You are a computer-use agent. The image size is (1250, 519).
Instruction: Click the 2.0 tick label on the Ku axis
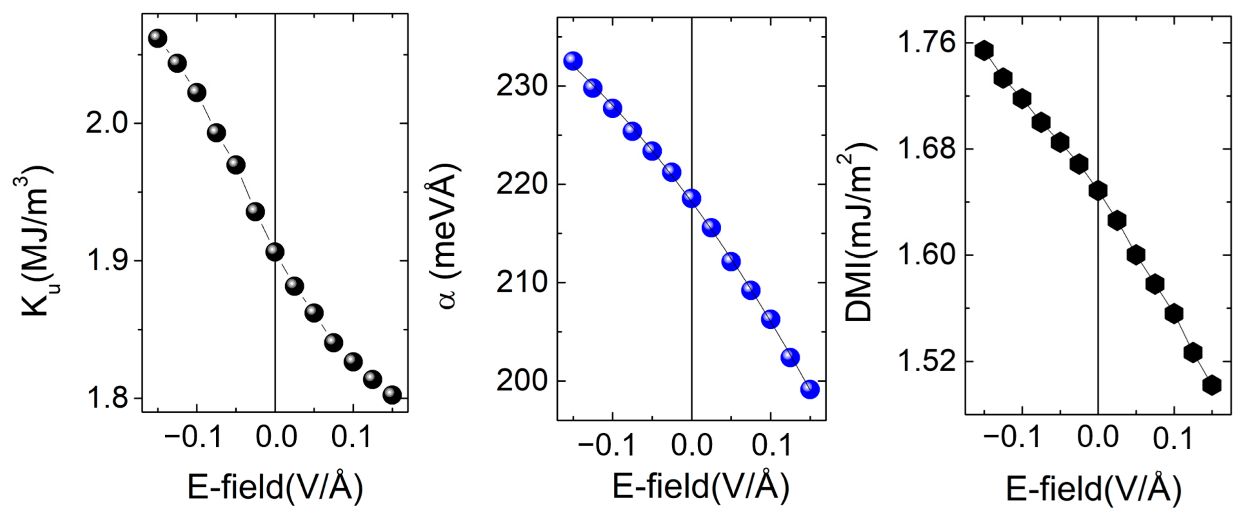(106, 124)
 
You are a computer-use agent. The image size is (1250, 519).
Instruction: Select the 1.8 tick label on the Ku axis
(106, 399)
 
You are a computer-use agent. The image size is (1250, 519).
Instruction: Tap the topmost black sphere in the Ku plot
(157, 38)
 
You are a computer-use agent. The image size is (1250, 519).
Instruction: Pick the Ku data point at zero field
(275, 252)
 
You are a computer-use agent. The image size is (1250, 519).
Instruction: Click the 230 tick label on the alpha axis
(522, 86)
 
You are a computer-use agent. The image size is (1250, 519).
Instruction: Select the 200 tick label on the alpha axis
(522, 381)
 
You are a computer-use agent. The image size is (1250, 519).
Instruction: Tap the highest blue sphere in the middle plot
(573, 61)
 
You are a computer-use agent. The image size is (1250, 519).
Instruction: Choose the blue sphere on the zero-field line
(692, 198)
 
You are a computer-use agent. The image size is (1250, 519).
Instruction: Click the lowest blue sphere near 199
(810, 389)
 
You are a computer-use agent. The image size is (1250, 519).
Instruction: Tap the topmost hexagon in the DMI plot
(984, 50)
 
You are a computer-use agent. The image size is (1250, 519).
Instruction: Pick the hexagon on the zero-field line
(1098, 191)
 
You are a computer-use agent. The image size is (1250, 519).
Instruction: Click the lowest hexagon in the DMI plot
(1212, 385)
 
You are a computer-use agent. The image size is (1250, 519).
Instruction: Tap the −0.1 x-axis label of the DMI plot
(1012, 437)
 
